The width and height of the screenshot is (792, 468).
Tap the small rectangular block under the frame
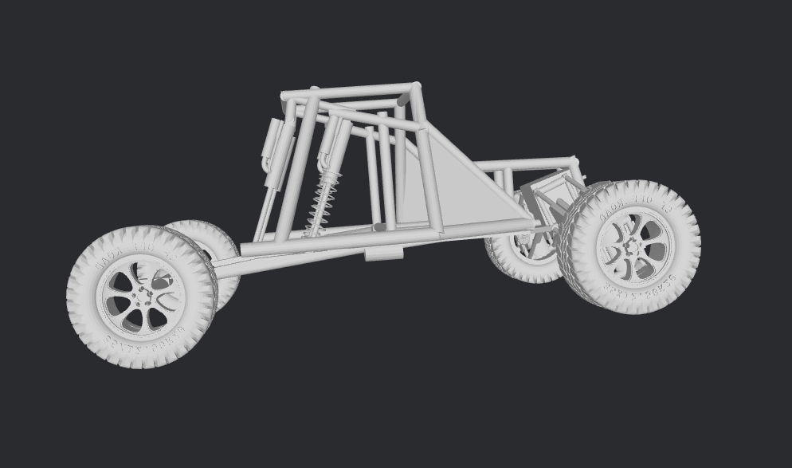384,254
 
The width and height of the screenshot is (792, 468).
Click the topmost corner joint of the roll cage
415,87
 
